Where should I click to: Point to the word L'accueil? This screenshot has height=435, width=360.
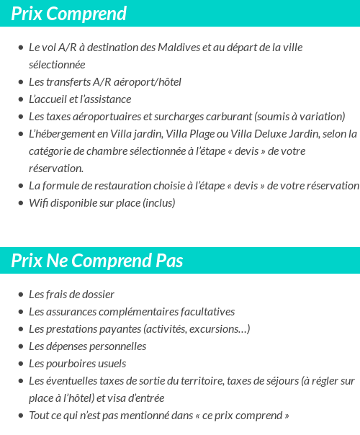pos(48,99)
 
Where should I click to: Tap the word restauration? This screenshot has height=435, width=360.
pos(113,186)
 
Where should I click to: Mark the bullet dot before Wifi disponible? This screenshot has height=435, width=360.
pos(20,203)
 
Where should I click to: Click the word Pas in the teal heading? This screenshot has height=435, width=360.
pos(170,261)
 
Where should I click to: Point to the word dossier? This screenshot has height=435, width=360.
pos(98,295)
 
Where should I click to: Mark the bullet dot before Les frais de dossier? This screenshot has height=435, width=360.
pos(20,295)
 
